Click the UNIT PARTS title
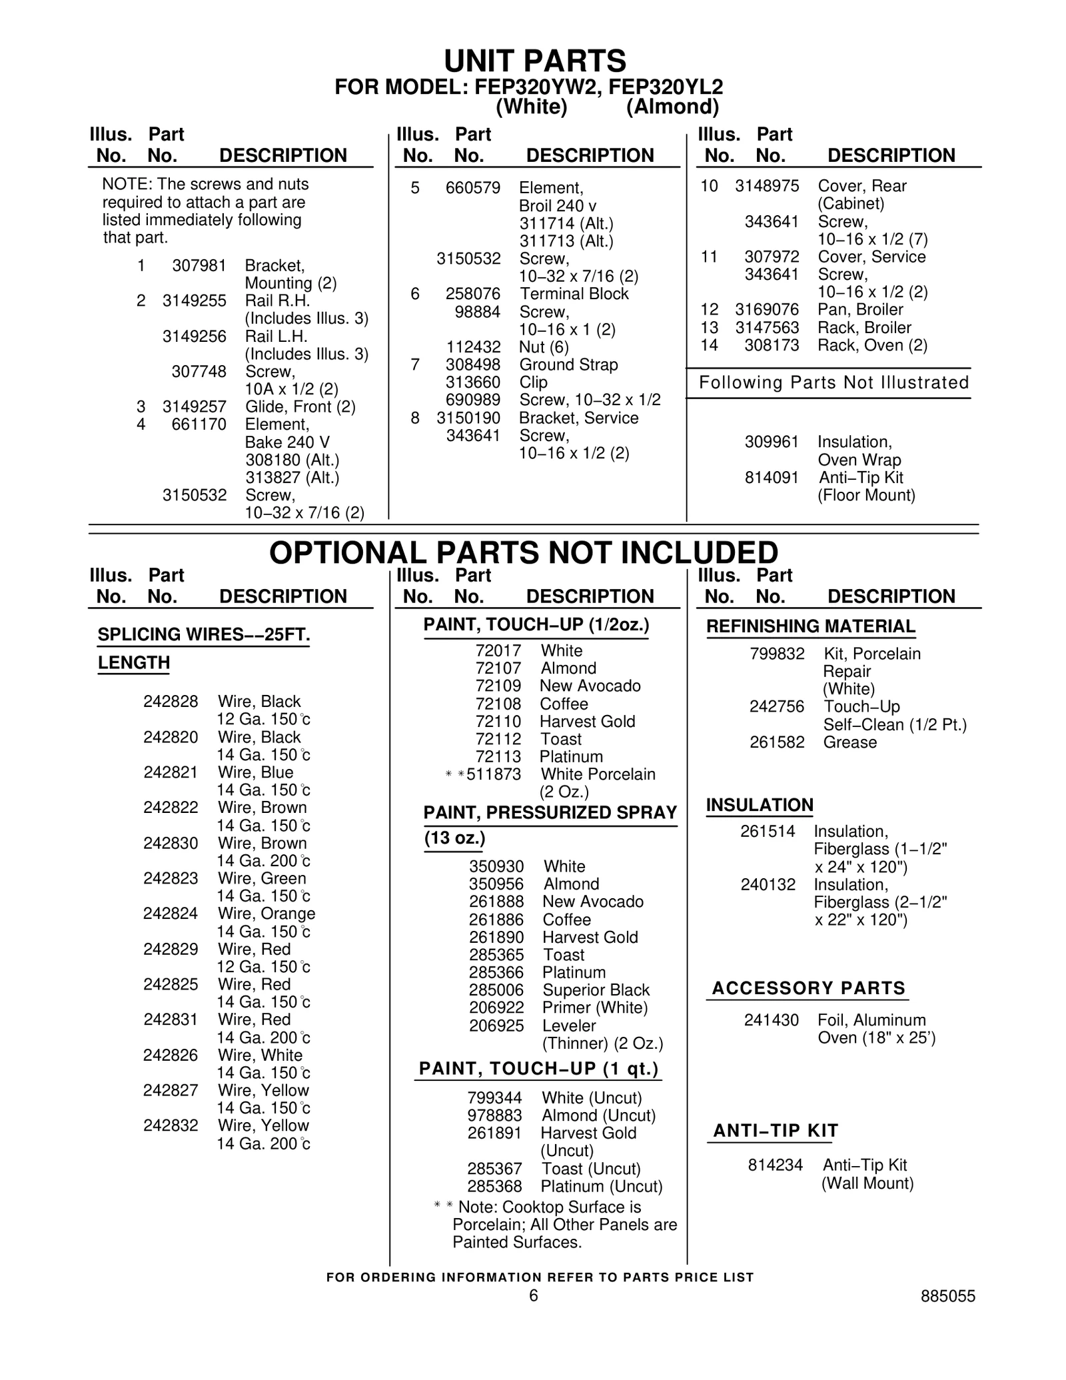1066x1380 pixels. click(534, 61)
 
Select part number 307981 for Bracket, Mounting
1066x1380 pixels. click(199, 266)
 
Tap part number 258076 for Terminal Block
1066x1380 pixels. click(473, 294)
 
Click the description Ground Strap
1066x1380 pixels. click(568, 364)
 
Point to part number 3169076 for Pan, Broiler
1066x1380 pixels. click(767, 310)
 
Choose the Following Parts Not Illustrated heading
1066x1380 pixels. click(833, 382)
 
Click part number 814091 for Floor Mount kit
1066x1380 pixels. click(772, 478)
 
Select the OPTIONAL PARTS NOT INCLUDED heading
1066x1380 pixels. click(523, 552)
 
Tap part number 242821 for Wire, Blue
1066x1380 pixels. click(171, 772)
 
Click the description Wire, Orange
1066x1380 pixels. click(266, 914)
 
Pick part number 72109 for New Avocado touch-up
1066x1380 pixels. click(498, 686)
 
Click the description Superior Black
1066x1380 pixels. click(596, 990)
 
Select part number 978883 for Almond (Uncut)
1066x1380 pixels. click(494, 1115)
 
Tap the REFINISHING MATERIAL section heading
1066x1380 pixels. click(811, 626)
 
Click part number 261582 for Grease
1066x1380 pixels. click(777, 742)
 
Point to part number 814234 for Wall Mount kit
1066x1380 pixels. click(776, 1165)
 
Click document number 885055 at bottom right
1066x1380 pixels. click(947, 1296)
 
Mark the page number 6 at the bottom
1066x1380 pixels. click(533, 1295)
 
